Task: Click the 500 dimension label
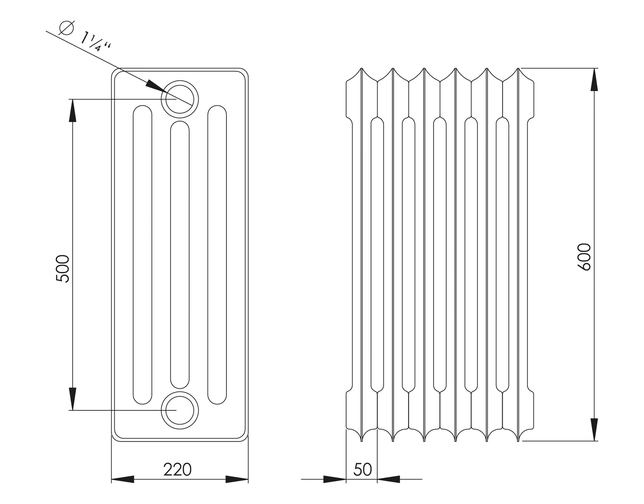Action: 62,269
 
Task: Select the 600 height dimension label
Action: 585,257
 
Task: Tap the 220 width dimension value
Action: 177,470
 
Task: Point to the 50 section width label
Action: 363,470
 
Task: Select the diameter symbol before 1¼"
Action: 66,28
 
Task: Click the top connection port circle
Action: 180,99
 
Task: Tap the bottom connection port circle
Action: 180,410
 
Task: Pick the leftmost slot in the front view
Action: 142,255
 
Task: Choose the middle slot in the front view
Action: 180,255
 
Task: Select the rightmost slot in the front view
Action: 217,255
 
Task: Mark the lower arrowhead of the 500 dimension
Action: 73,399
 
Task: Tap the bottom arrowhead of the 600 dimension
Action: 594,429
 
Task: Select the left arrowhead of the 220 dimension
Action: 123,479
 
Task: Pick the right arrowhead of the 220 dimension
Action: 237,479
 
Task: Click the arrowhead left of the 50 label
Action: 335,479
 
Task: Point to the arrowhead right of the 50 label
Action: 389,479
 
